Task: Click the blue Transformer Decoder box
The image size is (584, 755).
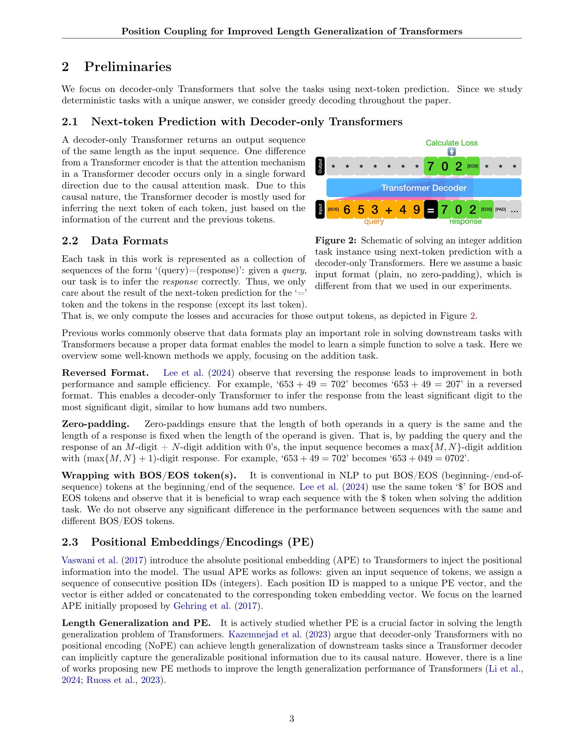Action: (x=424, y=188)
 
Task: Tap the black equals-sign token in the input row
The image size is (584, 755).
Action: (x=430, y=210)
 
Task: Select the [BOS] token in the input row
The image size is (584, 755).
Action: (x=333, y=210)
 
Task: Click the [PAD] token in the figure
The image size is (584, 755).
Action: (x=500, y=210)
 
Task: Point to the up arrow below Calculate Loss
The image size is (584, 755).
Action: (x=451, y=152)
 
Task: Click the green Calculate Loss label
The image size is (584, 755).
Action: (x=451, y=143)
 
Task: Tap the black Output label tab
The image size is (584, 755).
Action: (x=320, y=166)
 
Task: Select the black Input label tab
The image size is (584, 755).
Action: (x=320, y=209)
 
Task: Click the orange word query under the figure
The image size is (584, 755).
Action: (x=374, y=222)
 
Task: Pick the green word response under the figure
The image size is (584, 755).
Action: (x=465, y=222)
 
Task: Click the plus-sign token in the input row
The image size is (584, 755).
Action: (x=389, y=210)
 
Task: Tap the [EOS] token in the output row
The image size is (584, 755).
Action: (x=473, y=166)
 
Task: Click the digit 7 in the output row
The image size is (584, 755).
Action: (x=430, y=166)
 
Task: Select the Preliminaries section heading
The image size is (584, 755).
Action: (x=128, y=66)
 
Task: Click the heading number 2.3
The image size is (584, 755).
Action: (x=69, y=542)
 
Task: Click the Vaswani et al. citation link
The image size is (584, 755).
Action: (x=90, y=560)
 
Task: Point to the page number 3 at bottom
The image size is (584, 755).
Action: (x=292, y=719)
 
